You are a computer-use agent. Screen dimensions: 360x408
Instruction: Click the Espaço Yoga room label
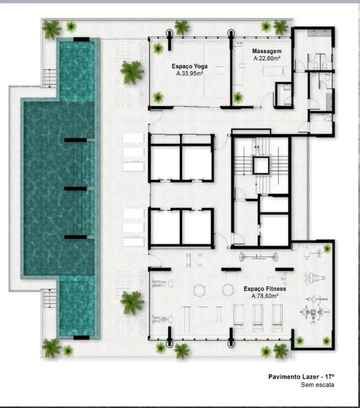tap(190, 66)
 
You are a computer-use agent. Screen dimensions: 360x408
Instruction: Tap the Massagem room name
tap(267, 51)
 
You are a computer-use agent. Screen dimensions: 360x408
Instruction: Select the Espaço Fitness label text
tap(265, 289)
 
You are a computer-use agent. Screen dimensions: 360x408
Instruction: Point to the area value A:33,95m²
tap(190, 73)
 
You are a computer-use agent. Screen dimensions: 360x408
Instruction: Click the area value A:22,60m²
tap(267, 58)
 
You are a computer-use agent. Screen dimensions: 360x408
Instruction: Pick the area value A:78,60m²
tap(265, 296)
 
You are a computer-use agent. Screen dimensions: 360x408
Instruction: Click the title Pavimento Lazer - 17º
tap(301, 376)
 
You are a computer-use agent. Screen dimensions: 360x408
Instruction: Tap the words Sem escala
tap(317, 385)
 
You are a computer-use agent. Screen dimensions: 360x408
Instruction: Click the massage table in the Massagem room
tap(274, 71)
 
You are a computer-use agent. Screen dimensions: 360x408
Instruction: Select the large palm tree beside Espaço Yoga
tap(133, 72)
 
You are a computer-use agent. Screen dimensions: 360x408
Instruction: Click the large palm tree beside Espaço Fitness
tap(132, 302)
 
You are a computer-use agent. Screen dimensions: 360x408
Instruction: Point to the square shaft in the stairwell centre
tap(261, 165)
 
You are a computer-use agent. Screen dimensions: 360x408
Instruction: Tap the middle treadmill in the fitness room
tap(258, 317)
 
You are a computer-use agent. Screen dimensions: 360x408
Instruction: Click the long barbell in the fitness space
tap(259, 257)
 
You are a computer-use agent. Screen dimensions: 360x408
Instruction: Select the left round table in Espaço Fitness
tap(199, 290)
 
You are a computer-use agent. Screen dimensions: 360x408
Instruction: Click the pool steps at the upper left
tap(49, 78)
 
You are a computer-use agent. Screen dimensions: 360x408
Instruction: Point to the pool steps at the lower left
tap(49, 298)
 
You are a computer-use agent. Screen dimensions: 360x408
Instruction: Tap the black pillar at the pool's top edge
tap(81, 40)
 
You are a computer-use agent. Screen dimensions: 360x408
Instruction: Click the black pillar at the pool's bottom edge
tap(81, 338)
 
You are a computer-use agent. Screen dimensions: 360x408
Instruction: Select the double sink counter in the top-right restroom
tap(319, 33)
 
